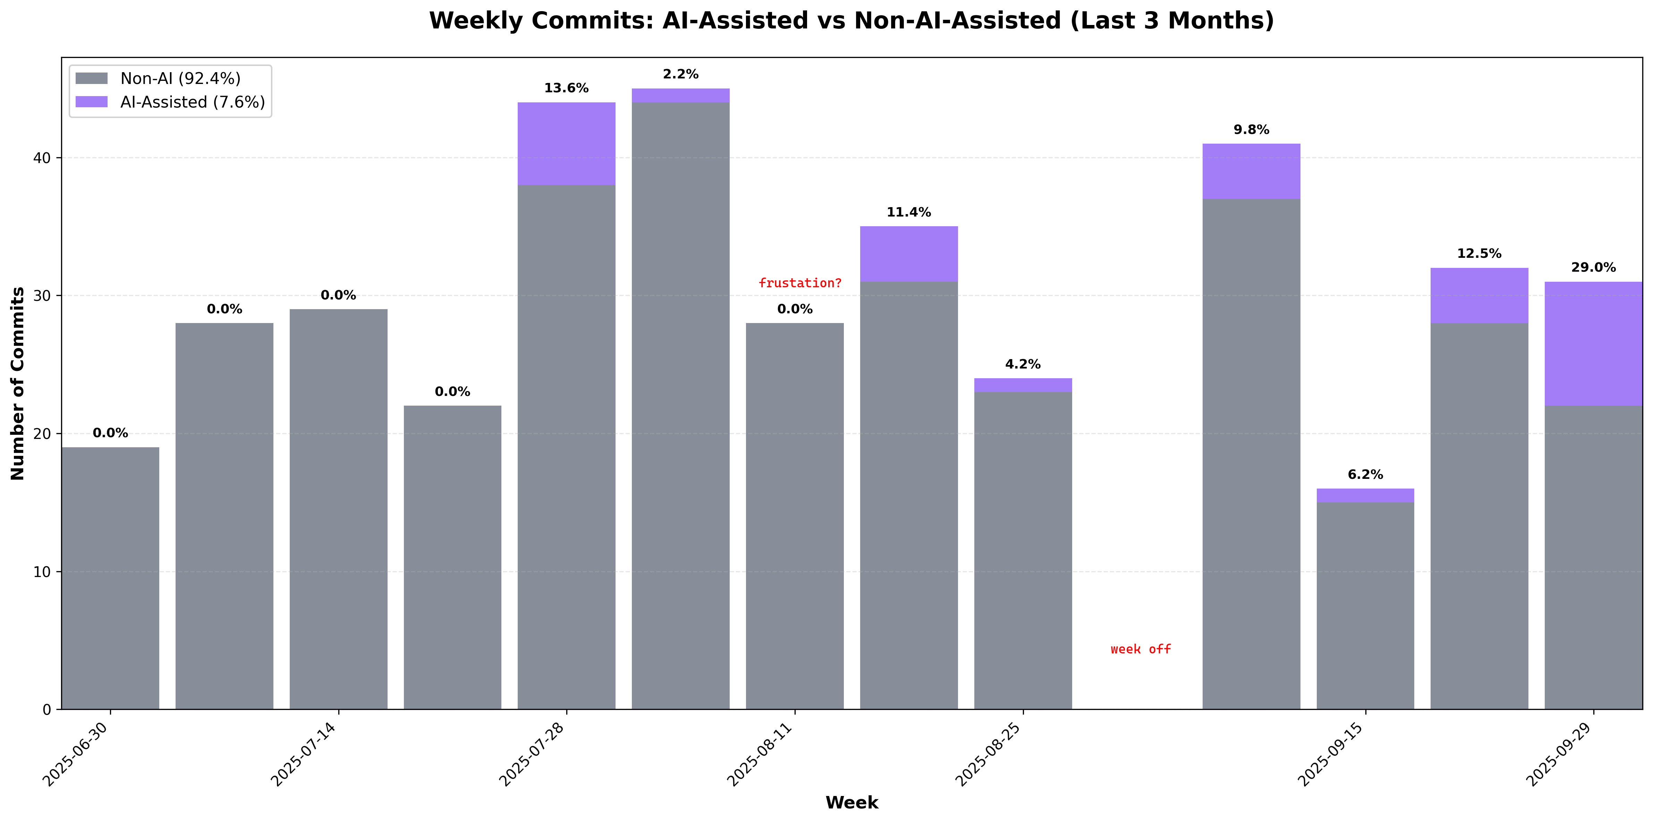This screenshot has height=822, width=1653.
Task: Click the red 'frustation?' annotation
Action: pos(799,283)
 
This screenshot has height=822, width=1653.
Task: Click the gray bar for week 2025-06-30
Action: pos(110,577)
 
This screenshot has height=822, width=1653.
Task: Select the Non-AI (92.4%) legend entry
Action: pos(180,79)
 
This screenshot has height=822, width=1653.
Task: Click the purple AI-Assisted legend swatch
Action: pos(92,102)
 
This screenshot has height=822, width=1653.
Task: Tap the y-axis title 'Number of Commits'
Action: pos(18,383)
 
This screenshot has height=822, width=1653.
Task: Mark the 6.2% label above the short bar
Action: pos(1365,475)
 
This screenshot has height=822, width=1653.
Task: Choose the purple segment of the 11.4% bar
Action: pos(909,254)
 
